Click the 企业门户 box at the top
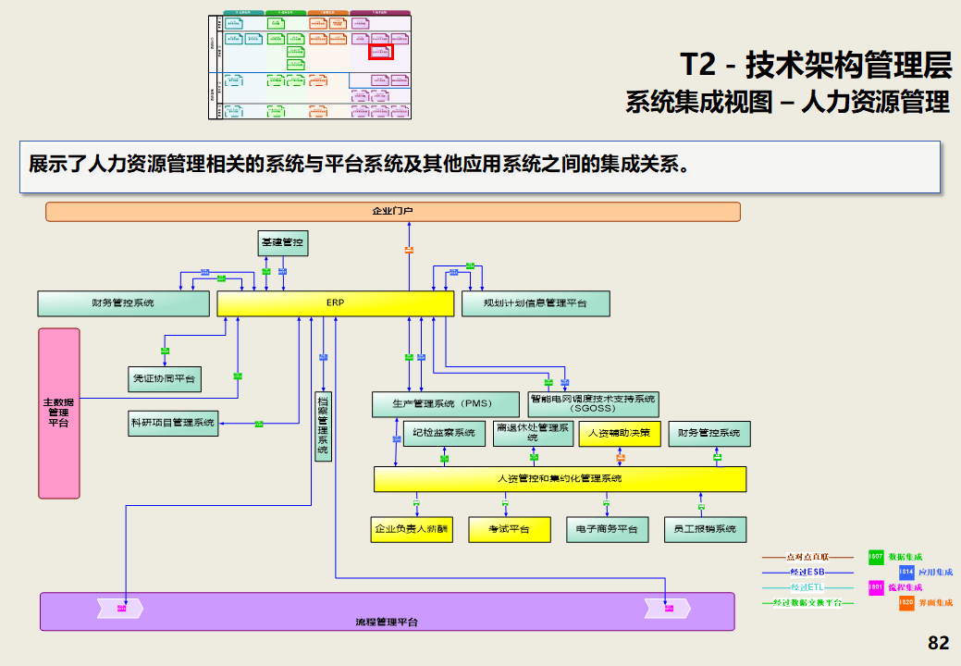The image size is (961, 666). [x=393, y=212]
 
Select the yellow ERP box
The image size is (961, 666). [x=335, y=303]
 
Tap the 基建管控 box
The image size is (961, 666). [x=282, y=243]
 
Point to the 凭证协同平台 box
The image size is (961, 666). [x=165, y=378]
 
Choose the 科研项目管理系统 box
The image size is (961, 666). [x=173, y=423]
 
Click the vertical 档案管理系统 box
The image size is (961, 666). [x=323, y=425]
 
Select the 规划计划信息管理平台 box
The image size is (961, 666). [x=536, y=303]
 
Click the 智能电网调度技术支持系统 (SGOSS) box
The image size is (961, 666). [x=593, y=403]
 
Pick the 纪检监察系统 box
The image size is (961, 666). [x=444, y=433]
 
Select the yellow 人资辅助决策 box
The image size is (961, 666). [x=620, y=433]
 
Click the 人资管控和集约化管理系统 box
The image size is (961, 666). [x=560, y=479]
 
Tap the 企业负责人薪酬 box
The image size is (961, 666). [x=412, y=529]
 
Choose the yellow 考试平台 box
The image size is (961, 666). [x=510, y=529]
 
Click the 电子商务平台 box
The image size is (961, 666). [x=607, y=529]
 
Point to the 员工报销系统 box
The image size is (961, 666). [x=706, y=529]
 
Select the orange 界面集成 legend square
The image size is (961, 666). [x=906, y=602]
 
